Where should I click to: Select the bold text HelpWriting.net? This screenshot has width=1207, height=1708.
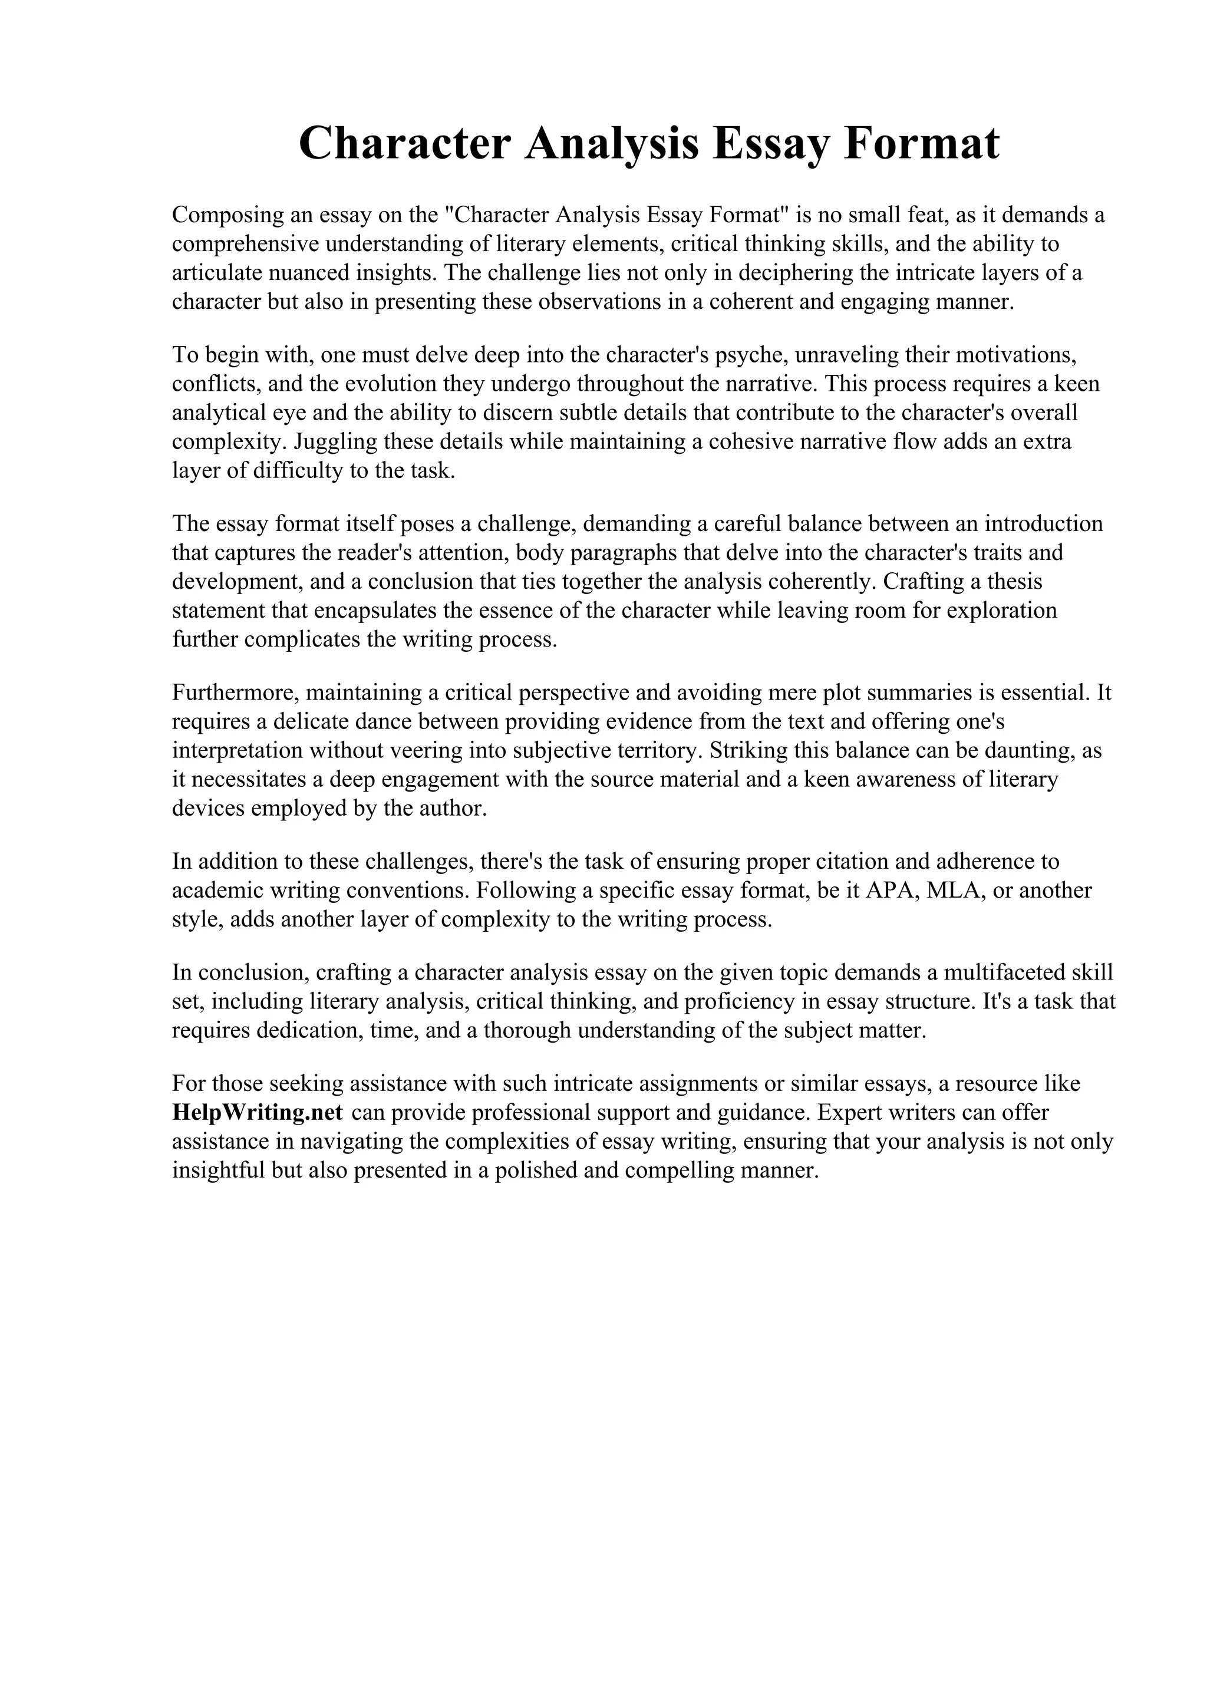(x=258, y=1112)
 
